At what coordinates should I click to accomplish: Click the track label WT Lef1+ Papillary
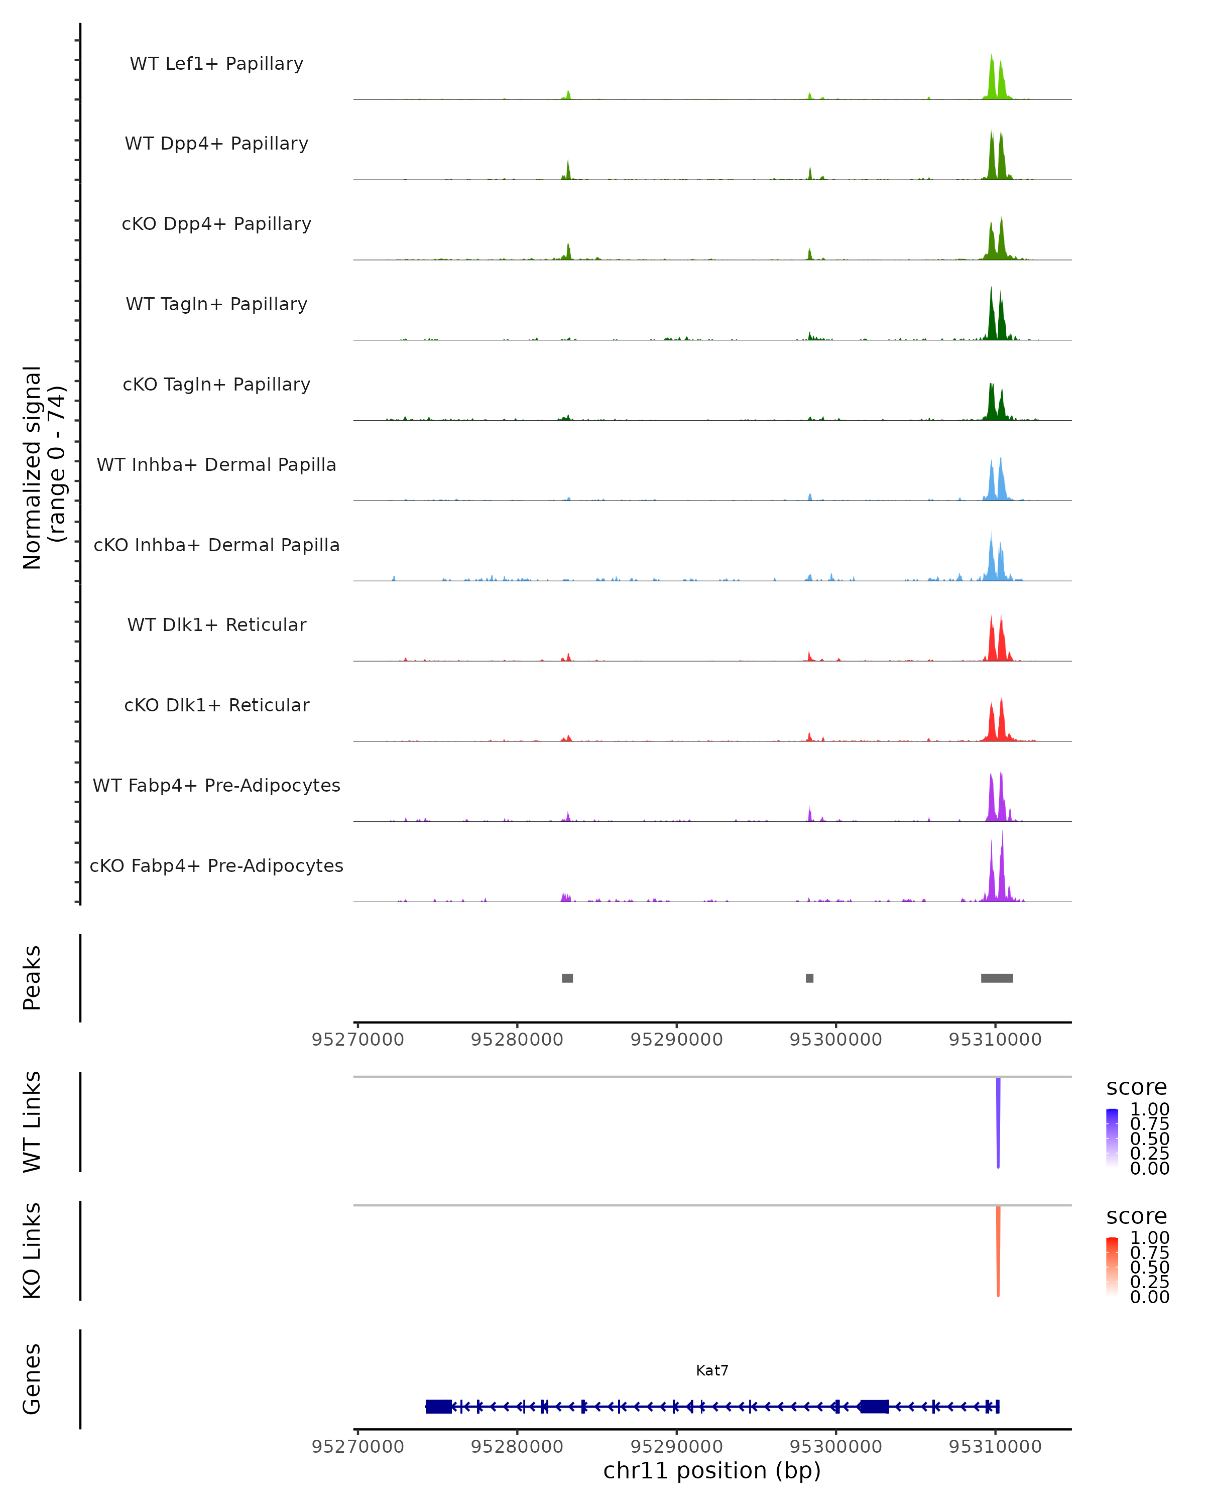coord(216,64)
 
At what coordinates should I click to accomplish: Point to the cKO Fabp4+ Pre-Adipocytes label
coord(216,865)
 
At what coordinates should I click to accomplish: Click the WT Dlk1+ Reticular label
coord(216,624)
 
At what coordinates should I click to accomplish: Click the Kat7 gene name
coord(712,1370)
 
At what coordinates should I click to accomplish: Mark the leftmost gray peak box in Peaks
coord(567,978)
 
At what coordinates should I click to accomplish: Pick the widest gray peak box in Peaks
coord(997,978)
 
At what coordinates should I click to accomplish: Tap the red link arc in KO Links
coord(998,1250)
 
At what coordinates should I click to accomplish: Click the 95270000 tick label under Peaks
coord(357,1040)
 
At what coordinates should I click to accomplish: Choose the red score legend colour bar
coord(1112,1267)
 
